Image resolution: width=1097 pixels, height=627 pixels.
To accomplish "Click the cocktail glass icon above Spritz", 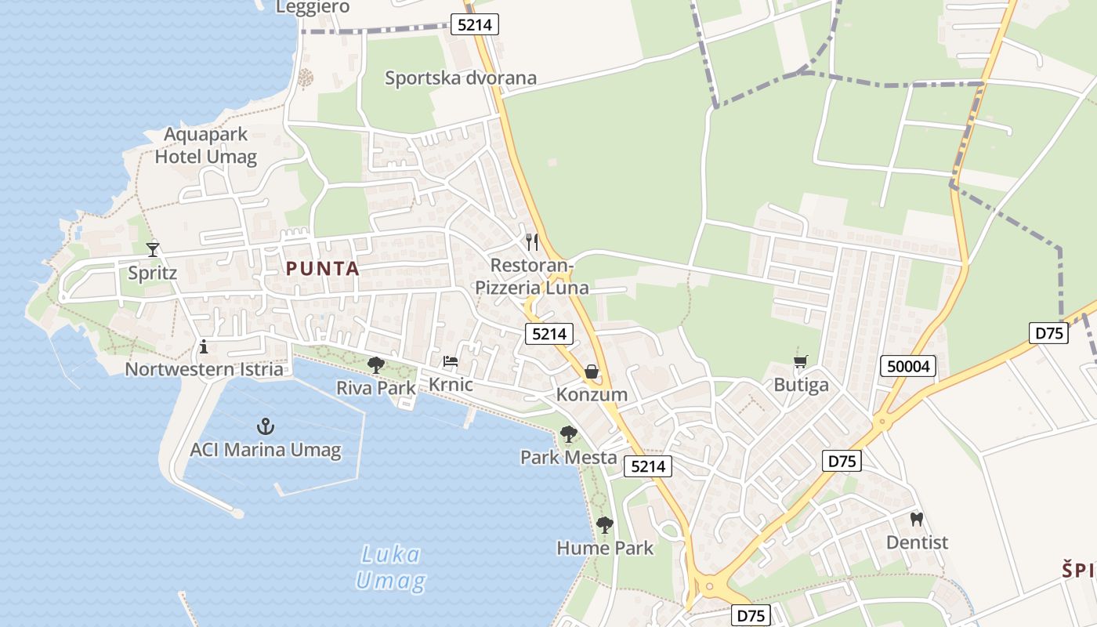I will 153,249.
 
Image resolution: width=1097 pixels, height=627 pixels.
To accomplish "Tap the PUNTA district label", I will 323,269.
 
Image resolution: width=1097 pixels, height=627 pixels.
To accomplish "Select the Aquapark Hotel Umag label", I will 206,146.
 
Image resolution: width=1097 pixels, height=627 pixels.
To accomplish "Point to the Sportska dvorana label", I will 461,78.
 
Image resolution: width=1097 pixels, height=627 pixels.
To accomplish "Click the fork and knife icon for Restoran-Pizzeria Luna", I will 532,241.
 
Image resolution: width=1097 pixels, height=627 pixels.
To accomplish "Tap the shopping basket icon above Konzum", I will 592,371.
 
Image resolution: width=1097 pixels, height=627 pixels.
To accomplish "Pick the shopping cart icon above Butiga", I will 800,361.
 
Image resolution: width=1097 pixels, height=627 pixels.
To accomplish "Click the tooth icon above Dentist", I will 917,519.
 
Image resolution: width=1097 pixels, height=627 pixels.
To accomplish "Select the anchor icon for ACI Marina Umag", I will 266,426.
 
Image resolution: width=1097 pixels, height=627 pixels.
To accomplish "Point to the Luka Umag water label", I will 391,568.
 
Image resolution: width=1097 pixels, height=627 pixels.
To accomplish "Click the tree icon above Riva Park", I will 376,364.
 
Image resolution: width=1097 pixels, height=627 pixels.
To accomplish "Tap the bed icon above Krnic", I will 451,361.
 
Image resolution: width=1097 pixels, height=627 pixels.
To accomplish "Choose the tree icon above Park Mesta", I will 569,433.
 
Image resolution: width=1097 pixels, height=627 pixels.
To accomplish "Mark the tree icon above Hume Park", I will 604,524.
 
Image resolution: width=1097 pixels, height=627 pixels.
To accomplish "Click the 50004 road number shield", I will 908,365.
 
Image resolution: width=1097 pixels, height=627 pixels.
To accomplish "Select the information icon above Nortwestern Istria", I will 204,346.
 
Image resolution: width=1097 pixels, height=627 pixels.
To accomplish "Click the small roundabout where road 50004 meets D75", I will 883,421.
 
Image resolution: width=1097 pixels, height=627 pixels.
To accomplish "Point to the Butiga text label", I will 801,385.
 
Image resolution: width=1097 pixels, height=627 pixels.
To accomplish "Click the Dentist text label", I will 917,542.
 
